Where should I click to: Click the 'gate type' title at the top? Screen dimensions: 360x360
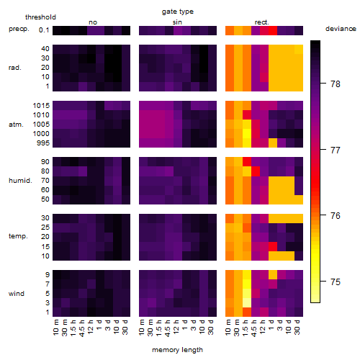click(x=178, y=12)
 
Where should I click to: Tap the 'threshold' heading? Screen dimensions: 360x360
click(x=40, y=17)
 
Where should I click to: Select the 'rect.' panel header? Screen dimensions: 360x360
click(x=261, y=22)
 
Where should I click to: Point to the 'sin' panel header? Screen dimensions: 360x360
click(x=177, y=22)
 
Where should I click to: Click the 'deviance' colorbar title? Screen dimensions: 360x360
click(x=341, y=29)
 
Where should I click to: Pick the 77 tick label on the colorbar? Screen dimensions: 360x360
click(x=336, y=150)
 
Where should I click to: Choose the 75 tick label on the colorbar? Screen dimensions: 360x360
click(x=336, y=282)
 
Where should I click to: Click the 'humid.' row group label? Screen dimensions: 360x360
click(x=20, y=181)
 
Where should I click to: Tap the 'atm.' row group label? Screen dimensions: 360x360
click(x=16, y=125)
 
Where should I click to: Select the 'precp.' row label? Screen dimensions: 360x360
click(x=19, y=29)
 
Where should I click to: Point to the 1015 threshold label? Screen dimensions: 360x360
click(x=41, y=106)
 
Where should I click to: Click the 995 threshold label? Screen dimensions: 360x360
click(x=43, y=143)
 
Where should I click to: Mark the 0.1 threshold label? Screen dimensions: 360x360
click(x=44, y=30)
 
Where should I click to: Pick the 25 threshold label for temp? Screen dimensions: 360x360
click(x=45, y=228)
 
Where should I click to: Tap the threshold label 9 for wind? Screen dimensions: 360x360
click(x=48, y=275)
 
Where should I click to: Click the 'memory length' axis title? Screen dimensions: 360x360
click(x=177, y=350)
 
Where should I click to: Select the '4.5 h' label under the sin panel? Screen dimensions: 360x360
click(x=168, y=328)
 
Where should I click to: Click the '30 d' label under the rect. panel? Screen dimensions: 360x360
click(x=297, y=327)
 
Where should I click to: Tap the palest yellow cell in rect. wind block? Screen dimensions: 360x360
click(x=247, y=303)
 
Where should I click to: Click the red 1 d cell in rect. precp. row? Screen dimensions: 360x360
click(x=273, y=30)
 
